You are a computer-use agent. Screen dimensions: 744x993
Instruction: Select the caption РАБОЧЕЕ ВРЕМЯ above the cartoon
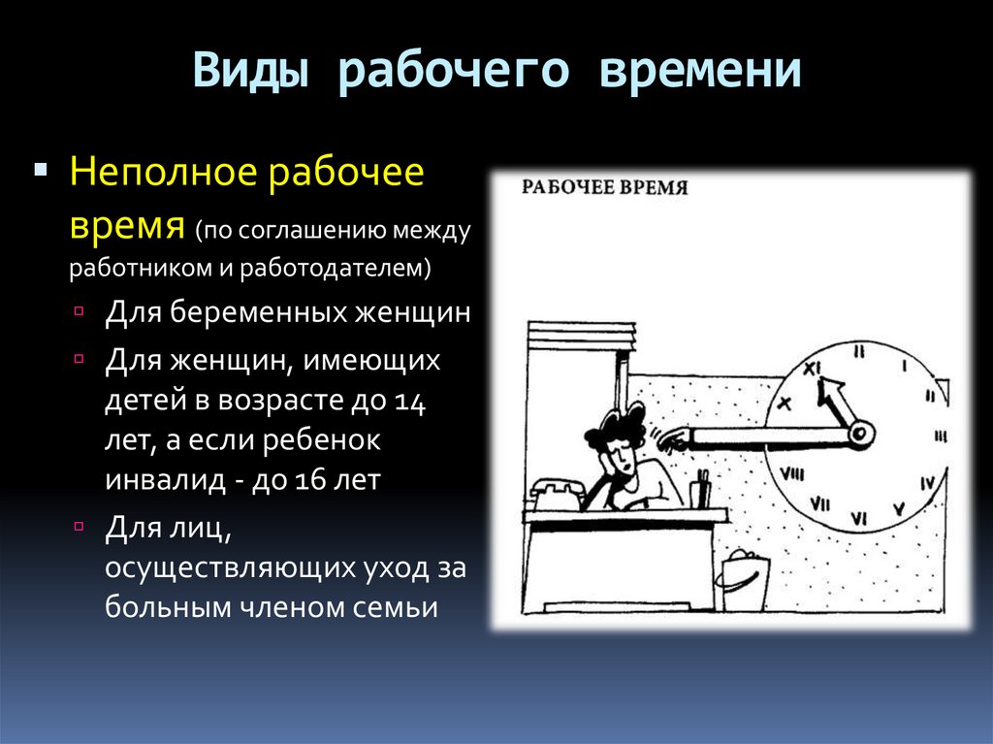point(605,187)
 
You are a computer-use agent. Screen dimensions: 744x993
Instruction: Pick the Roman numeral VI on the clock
point(857,519)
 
